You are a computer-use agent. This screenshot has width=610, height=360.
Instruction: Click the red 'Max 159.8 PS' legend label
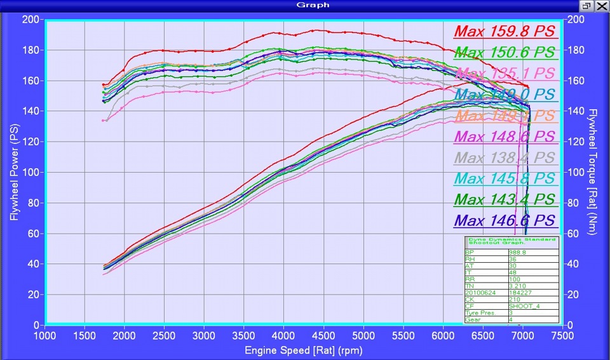(505, 31)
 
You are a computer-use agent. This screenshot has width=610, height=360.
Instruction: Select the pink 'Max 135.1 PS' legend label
(505, 74)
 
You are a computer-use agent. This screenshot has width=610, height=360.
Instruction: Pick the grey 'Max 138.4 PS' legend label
(505, 157)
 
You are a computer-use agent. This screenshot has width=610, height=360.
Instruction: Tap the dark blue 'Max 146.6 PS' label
(505, 221)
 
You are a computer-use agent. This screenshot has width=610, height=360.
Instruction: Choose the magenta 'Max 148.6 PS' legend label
(505, 137)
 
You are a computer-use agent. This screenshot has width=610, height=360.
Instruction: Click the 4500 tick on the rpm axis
(323, 335)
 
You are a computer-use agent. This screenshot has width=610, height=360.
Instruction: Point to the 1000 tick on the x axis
(44, 335)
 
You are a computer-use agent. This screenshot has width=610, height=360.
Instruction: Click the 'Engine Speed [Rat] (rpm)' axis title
(304, 350)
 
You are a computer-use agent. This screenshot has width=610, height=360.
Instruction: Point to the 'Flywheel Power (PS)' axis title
(13, 172)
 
